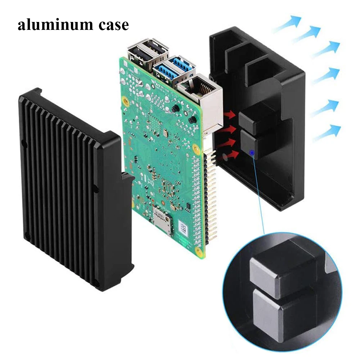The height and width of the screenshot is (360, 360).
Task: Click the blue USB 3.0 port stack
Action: (x=175, y=71)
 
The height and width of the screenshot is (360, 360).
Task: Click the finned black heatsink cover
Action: (x=68, y=187)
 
